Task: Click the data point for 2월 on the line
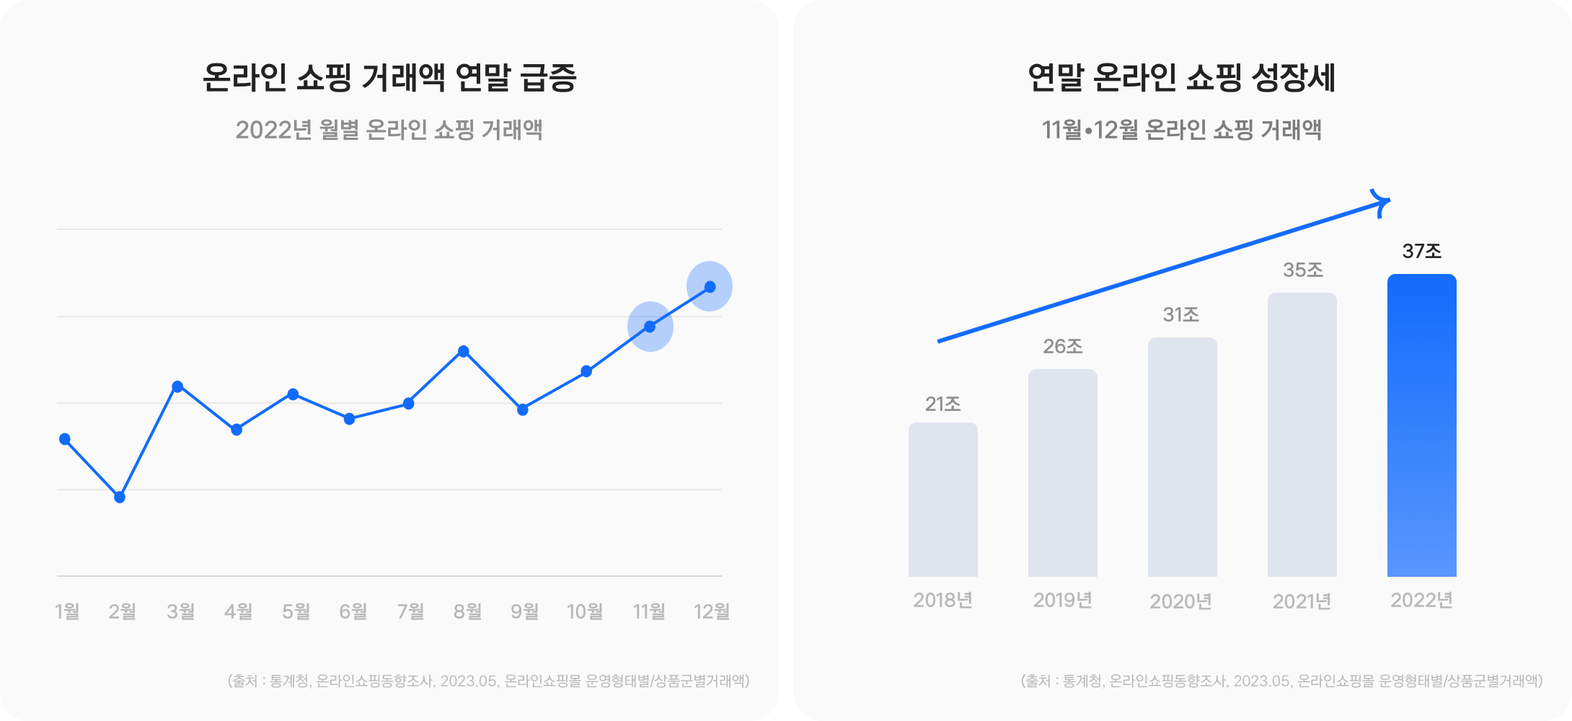tap(120, 497)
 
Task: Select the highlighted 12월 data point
tap(710, 287)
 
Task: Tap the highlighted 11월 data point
tap(650, 327)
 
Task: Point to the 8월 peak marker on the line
tap(464, 352)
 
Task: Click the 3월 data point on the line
tap(177, 386)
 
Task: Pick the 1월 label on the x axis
tap(67, 611)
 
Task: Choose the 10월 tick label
tap(585, 611)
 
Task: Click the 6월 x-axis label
tap(353, 611)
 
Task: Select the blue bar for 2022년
tap(1421, 425)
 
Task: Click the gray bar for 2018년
tap(942, 500)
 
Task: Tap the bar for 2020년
tap(1182, 457)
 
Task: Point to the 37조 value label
tap(1421, 251)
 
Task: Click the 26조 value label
tap(1062, 346)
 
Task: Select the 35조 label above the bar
tap(1302, 270)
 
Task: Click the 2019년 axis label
tap(1062, 600)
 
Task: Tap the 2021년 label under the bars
tap(1302, 601)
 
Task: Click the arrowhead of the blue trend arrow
tap(1380, 203)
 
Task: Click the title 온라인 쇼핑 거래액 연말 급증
tap(389, 78)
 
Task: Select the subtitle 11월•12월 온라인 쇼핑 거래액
tap(1181, 130)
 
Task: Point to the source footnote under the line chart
tap(488, 681)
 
